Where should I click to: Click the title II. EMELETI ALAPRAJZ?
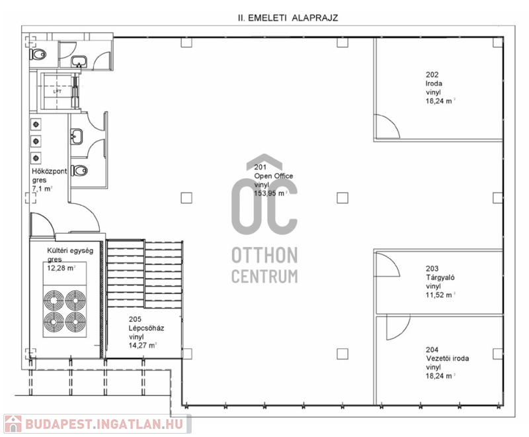[288, 18]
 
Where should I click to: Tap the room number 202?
[432, 75]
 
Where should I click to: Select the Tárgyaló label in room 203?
[440, 277]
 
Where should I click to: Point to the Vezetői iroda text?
[448, 358]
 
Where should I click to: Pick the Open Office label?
[274, 176]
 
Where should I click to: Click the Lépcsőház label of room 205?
[146, 328]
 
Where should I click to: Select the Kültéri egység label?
[70, 251]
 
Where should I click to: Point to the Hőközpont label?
[49, 171]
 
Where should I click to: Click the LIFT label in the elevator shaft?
[58, 91]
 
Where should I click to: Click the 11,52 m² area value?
[440, 295]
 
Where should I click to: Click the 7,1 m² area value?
[42, 189]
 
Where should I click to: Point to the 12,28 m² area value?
[61, 268]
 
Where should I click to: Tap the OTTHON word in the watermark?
[264, 256]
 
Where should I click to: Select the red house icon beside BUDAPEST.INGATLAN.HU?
[13, 424]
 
